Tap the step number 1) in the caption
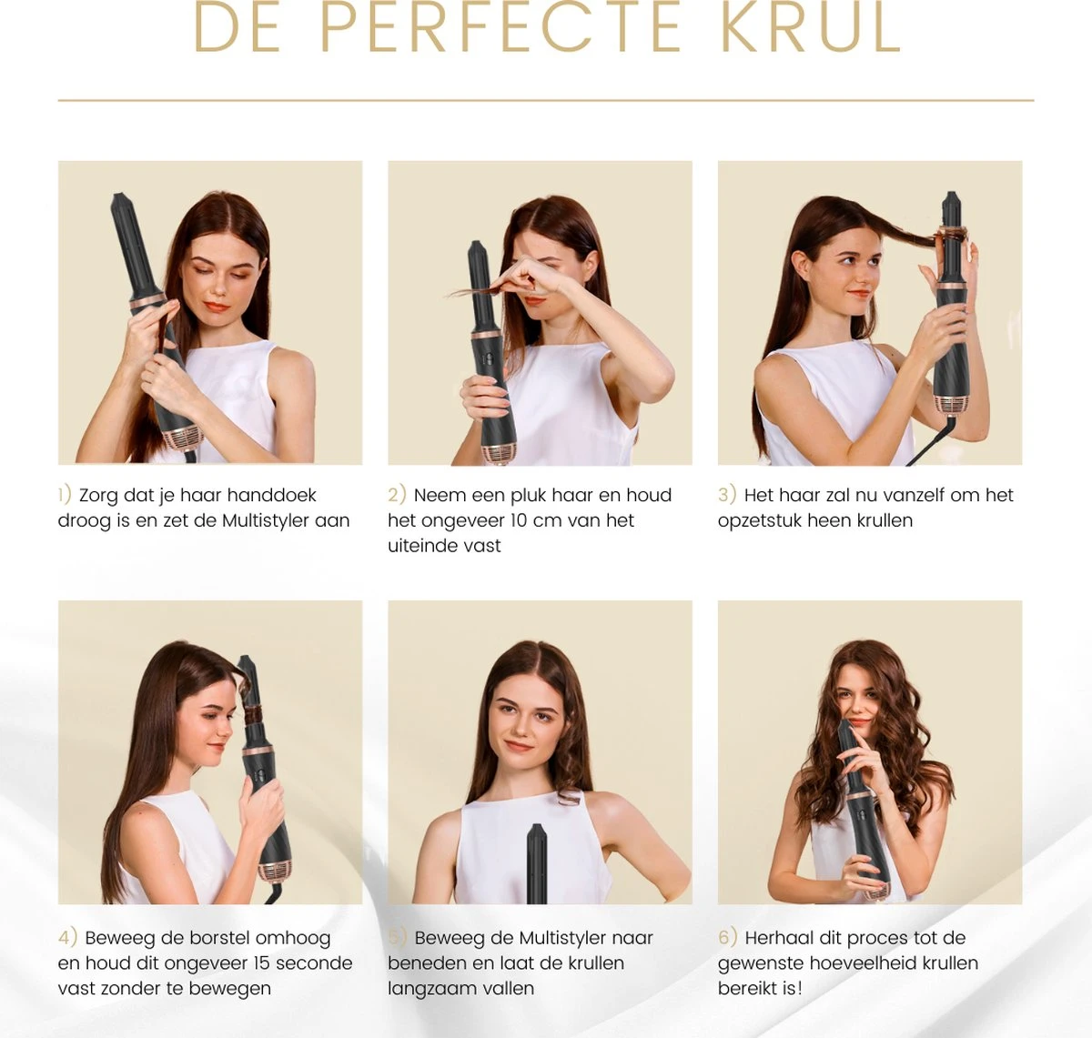(x=65, y=495)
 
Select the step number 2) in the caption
(x=397, y=495)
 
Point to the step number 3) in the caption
(x=726, y=495)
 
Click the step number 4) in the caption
(x=67, y=938)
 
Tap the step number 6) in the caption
(x=727, y=938)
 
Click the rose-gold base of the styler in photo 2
(x=498, y=452)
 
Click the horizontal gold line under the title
(x=546, y=100)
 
